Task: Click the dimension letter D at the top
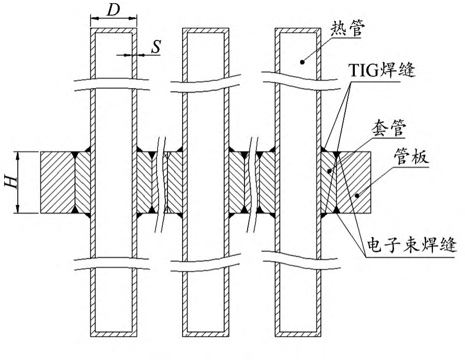(x=113, y=10)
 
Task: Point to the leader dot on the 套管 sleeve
(x=329, y=171)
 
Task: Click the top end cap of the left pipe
(x=113, y=31)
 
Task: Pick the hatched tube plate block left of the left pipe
(x=58, y=182)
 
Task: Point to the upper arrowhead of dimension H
(x=19, y=155)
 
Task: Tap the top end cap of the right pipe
(x=299, y=31)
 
